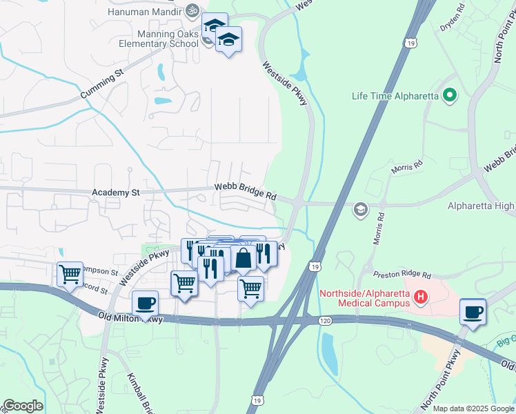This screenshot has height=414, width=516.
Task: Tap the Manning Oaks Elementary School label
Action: coord(158,39)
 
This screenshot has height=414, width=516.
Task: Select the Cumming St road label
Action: coord(101,82)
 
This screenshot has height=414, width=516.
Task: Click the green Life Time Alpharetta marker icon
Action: coord(450,95)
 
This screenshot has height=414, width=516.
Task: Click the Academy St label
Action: coord(115,193)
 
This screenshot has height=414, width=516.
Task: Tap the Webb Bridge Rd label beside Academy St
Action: coord(245,190)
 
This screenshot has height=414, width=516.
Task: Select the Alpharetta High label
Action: coord(480,206)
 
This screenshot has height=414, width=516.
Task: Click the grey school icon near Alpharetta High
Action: coord(359,208)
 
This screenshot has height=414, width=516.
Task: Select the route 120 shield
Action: coord(324,321)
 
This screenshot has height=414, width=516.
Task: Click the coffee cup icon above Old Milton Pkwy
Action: coord(145,303)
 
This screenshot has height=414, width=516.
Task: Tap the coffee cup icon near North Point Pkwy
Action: coord(473,310)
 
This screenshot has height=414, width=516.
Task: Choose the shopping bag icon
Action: coord(244,259)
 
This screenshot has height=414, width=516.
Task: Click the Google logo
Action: coord(22,406)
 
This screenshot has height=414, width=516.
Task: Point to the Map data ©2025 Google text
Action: coord(473,408)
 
